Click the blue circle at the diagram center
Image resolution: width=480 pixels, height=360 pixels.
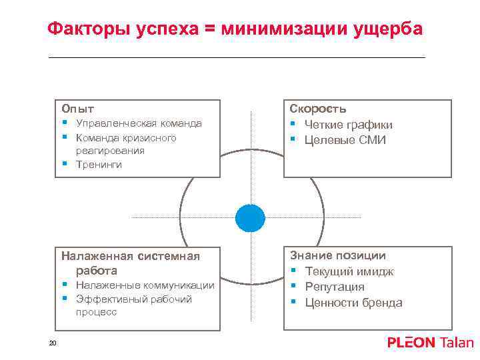(x=250, y=217)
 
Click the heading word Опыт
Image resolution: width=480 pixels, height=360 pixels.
(x=78, y=109)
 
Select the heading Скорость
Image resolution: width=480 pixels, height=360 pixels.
(x=317, y=109)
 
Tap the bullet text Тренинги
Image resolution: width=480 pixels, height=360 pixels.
(x=99, y=165)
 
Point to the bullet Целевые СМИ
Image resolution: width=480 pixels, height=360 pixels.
(x=345, y=140)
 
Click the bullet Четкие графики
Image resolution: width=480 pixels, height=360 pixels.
(x=348, y=125)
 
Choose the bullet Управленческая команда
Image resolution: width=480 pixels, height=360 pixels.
(x=139, y=123)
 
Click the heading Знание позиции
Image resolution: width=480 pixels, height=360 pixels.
(x=337, y=255)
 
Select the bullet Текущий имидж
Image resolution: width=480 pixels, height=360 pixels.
(x=349, y=271)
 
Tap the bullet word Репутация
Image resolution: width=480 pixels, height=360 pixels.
(x=335, y=287)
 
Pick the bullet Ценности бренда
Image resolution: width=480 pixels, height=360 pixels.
(x=353, y=303)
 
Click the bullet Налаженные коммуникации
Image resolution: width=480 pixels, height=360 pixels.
(x=145, y=285)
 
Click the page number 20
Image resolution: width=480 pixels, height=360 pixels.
(x=53, y=343)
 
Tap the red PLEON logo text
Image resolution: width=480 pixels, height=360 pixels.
(x=411, y=343)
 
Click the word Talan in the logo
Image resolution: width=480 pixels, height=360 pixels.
(x=457, y=343)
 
